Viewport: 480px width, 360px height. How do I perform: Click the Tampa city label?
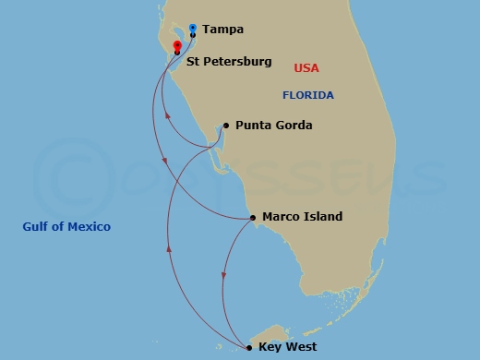click(x=222, y=30)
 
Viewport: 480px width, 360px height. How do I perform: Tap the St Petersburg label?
click(x=229, y=63)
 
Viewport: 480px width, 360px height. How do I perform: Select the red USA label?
click(x=306, y=68)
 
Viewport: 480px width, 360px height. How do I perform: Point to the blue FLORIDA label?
click(x=308, y=96)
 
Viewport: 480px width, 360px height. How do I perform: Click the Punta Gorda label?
click(x=273, y=126)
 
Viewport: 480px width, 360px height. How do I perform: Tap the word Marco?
click(x=281, y=218)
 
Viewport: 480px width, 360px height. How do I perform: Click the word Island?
click(x=322, y=218)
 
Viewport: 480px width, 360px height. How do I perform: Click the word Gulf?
click(x=37, y=226)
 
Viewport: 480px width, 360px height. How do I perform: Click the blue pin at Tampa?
click(x=192, y=29)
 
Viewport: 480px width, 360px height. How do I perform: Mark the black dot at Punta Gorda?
click(x=225, y=126)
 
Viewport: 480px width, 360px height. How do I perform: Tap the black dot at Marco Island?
click(x=253, y=218)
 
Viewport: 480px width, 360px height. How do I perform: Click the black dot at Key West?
click(x=249, y=347)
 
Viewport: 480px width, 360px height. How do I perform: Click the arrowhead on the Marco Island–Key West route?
click(x=224, y=276)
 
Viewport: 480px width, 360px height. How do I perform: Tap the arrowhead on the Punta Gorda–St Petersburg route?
click(x=166, y=116)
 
